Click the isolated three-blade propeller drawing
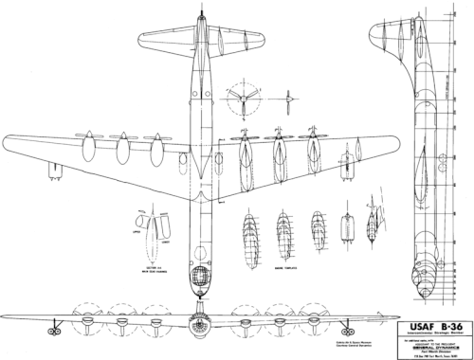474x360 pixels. [247, 101]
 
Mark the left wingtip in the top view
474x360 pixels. [8, 133]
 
